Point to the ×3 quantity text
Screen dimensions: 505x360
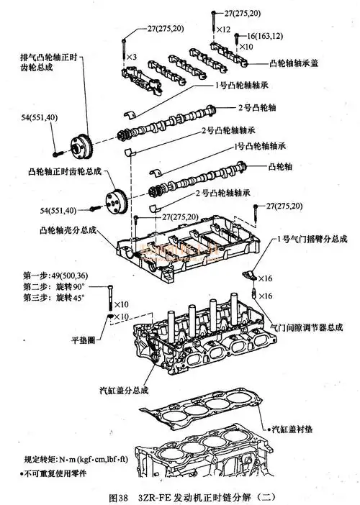coord(132,56)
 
